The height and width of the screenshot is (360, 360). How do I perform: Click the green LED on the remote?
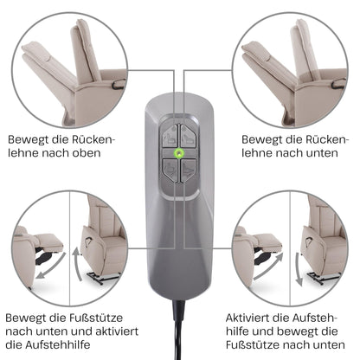tap(179, 153)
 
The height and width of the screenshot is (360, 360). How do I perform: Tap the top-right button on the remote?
tap(189, 136)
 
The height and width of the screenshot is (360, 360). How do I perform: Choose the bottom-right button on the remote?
tap(189, 170)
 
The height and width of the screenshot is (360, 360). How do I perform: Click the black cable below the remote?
tap(178, 330)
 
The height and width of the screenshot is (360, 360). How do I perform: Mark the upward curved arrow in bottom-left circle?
tap(77, 264)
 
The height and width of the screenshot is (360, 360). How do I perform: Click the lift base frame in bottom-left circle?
tap(101, 278)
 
